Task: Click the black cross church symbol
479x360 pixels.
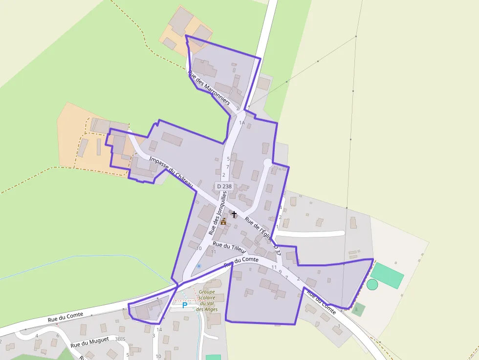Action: (234, 214)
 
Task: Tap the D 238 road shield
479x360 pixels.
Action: (224, 186)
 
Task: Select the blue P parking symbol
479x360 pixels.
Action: (184, 305)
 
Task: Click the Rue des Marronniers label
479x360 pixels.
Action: (209, 88)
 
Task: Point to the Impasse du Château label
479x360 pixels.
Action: (171, 171)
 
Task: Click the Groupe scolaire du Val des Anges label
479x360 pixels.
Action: (207, 300)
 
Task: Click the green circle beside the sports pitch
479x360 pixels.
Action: (372, 284)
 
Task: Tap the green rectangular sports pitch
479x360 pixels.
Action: (387, 275)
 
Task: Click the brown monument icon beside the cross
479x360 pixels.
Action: (223, 221)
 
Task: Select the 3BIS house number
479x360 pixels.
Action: (120, 338)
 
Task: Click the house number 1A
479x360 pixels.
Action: (241, 123)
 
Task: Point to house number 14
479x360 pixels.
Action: (159, 330)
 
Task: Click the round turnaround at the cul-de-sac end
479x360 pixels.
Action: (267, 162)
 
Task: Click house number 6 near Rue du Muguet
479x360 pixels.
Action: (58, 335)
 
